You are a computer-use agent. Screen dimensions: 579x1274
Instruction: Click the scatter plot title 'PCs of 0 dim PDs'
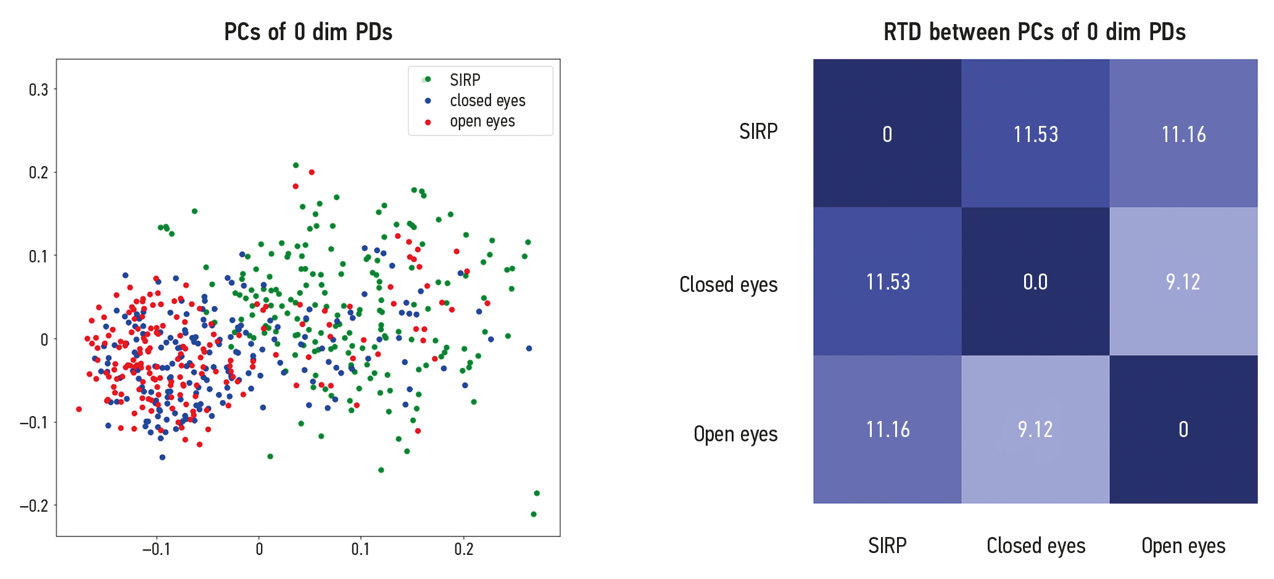(x=308, y=32)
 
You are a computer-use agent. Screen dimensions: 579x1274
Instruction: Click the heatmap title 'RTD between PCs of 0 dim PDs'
(x=1034, y=32)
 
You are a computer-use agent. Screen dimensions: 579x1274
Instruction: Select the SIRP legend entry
(x=465, y=80)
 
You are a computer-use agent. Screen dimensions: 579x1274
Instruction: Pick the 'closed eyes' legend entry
(x=487, y=101)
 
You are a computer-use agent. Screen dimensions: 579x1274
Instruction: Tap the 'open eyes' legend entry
(x=482, y=122)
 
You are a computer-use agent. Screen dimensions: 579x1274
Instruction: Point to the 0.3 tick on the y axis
(x=38, y=90)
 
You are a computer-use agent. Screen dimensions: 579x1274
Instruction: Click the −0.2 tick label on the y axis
(x=34, y=506)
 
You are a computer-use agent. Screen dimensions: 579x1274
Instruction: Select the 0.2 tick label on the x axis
(x=463, y=549)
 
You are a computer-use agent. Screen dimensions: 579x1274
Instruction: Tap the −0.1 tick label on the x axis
(x=156, y=549)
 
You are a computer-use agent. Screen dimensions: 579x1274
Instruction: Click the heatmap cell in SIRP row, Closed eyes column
(x=1035, y=133)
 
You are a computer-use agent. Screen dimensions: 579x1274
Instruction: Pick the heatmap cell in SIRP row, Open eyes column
(x=1183, y=133)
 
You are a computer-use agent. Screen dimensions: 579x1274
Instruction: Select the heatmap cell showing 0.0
(x=1035, y=281)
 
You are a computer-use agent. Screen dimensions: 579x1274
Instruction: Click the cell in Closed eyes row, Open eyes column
(x=1183, y=281)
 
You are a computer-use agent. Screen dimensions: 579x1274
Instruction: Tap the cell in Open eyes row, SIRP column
(x=887, y=430)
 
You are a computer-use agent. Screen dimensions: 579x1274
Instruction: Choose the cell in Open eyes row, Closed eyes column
(x=1035, y=430)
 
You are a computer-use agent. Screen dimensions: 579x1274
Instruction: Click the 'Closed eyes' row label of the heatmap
(x=728, y=285)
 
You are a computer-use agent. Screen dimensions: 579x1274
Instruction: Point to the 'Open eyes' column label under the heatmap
(x=1183, y=546)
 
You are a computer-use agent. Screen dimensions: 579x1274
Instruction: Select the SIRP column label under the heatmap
(x=887, y=546)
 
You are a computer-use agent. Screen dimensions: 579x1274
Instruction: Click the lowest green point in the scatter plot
(x=534, y=514)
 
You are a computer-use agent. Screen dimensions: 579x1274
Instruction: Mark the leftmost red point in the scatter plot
(x=79, y=409)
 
